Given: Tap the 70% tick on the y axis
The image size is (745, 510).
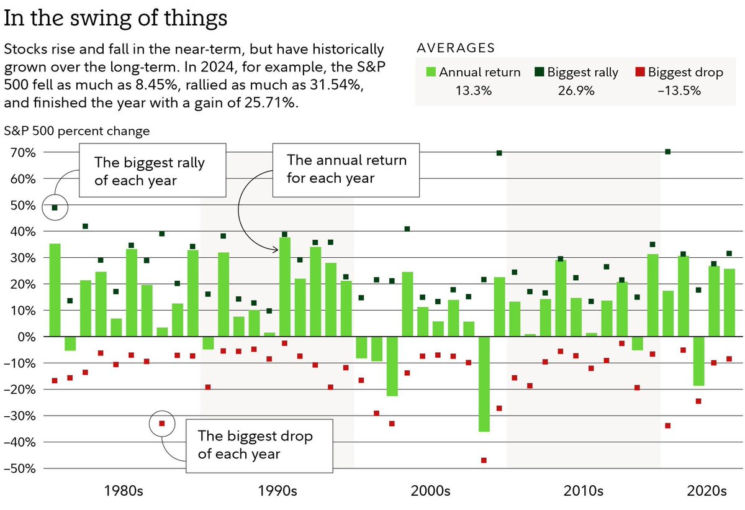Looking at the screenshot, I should tap(22, 152).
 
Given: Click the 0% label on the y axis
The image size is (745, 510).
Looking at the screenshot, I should tap(27, 337).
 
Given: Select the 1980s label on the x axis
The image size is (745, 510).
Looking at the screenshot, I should tap(124, 491).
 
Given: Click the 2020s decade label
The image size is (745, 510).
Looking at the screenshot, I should tap(706, 491).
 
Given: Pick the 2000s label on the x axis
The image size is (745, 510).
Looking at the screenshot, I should tap(430, 491).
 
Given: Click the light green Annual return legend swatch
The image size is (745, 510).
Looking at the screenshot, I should tap(431, 73).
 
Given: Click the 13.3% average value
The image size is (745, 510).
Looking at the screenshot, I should tap(474, 91).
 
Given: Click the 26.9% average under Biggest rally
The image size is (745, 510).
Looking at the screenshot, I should tap(577, 91).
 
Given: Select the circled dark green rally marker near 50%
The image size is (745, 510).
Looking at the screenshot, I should tap(55, 207).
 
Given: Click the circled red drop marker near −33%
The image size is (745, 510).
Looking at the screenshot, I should tap(162, 424).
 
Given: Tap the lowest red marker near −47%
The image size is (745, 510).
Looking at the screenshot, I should tap(484, 460).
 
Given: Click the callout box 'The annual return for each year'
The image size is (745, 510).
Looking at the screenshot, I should tap(346, 168).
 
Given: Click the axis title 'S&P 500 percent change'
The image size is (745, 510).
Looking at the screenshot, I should tap(76, 131).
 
